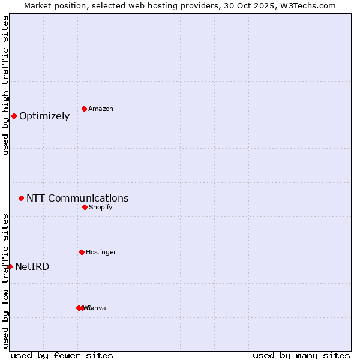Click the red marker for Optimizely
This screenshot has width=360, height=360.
(14, 116)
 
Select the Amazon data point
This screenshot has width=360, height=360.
(85, 109)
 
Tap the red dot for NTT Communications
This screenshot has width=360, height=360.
(21, 198)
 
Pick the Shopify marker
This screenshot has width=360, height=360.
(85, 207)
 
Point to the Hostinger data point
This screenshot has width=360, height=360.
(82, 252)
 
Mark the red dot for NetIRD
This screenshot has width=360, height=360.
(10, 266)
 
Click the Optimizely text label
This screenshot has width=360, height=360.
(44, 116)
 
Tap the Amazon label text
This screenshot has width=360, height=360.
(101, 109)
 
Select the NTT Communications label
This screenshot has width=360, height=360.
(77, 199)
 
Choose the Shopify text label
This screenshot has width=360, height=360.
(101, 207)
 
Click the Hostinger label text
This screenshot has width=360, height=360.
(101, 252)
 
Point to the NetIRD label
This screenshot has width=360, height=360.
(32, 267)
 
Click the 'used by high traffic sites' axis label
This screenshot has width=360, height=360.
(5, 85)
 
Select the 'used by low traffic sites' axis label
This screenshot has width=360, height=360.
(5, 281)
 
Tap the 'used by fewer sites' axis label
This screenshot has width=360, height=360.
(62, 355)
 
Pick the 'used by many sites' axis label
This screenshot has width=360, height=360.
(301, 355)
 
